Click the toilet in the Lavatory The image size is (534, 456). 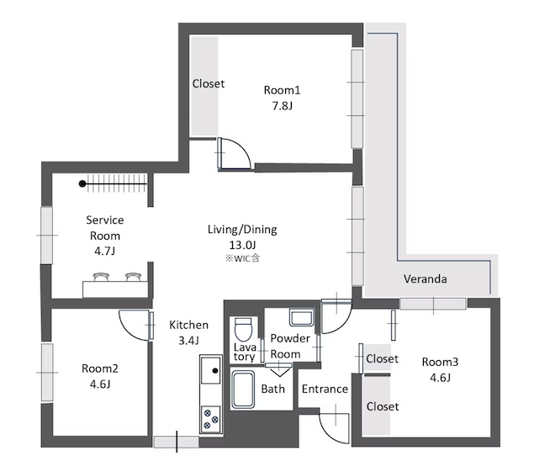tap(243, 329)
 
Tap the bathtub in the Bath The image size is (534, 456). tap(243, 390)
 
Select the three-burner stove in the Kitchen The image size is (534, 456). tap(211, 419)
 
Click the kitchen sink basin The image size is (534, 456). tap(210, 370)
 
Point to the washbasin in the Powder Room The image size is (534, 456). tap(302, 317)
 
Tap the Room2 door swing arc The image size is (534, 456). tap(130, 329)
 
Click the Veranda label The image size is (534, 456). tap(425, 279)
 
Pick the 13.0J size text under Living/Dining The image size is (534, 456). tap(242, 245)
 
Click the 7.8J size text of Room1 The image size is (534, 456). tap(282, 106)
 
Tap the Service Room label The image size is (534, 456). tap(105, 228)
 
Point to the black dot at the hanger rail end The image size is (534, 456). tap(82, 183)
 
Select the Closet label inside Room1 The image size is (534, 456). tap(209, 83)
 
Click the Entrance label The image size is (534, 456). tap(325, 389)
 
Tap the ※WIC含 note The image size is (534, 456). tap(242, 258)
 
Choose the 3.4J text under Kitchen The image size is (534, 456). tap(188, 340)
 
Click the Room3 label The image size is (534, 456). tap(440, 362)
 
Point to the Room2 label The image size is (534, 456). tap(100, 369)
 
